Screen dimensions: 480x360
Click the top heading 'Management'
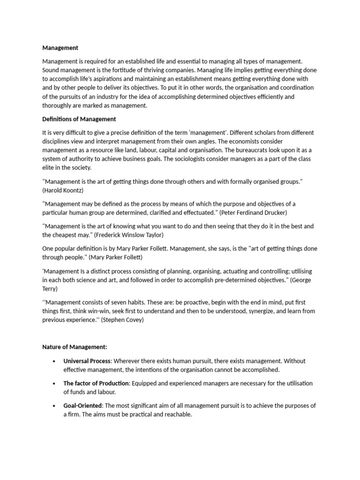[60, 48]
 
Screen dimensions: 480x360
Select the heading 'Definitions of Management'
[79, 119]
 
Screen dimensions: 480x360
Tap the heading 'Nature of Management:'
[75, 347]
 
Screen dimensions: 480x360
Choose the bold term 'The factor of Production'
[96, 383]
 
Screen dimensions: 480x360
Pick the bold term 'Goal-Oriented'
[82, 406]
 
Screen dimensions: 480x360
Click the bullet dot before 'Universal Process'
[54, 361]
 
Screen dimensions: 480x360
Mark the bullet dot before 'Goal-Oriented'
[54, 406]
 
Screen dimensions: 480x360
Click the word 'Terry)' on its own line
[50, 289]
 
